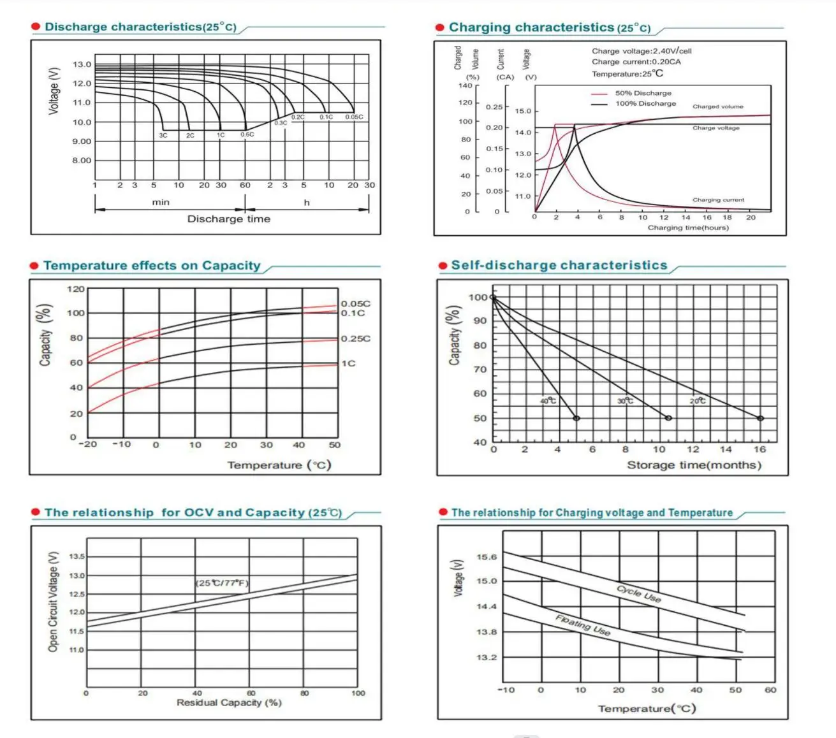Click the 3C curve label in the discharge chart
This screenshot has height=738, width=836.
pyautogui.click(x=163, y=135)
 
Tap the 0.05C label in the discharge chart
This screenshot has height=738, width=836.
pyautogui.click(x=354, y=117)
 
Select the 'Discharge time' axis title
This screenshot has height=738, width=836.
pyautogui.click(x=228, y=219)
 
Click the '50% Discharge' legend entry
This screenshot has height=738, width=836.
pyautogui.click(x=643, y=93)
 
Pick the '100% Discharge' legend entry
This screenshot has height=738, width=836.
pyautogui.click(x=645, y=103)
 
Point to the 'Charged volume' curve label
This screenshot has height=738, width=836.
pyautogui.click(x=717, y=106)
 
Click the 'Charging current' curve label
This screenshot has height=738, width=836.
pyautogui.click(x=718, y=199)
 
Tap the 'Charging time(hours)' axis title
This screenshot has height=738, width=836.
pyautogui.click(x=687, y=228)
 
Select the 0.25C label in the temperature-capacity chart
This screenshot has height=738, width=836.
pyautogui.click(x=355, y=338)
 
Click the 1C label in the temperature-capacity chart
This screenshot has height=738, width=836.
pyautogui.click(x=348, y=363)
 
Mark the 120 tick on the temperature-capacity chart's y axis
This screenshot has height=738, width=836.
pyautogui.click(x=75, y=289)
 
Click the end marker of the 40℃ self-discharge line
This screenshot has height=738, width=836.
pyautogui.click(x=576, y=418)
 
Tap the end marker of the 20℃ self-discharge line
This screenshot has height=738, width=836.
pyautogui.click(x=760, y=418)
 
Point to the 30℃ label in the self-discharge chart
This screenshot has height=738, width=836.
pyautogui.click(x=625, y=401)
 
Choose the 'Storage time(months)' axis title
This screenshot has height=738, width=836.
pyautogui.click(x=694, y=465)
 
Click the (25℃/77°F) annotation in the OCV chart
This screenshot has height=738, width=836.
pyautogui.click(x=222, y=583)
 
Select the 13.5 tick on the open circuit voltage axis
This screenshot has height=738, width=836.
pyautogui.click(x=77, y=556)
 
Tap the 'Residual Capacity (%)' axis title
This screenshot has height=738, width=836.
pyautogui.click(x=229, y=702)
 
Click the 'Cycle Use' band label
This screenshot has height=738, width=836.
pyautogui.click(x=638, y=593)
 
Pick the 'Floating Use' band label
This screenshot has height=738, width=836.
pyautogui.click(x=583, y=625)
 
